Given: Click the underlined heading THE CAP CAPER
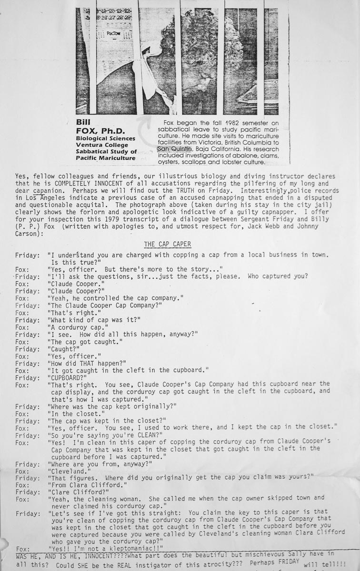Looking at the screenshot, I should [x=167, y=244].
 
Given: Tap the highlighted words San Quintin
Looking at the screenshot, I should [x=174, y=149].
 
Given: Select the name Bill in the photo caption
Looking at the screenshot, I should [x=83, y=121].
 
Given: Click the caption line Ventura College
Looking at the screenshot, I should [x=100, y=145].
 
